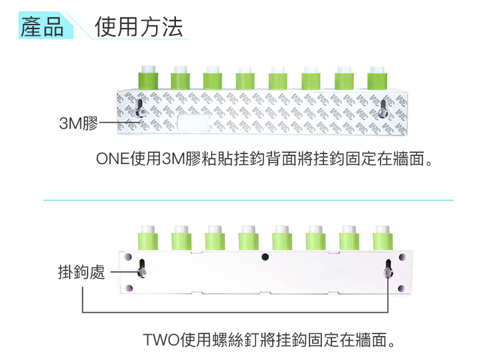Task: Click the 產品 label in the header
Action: point(41,28)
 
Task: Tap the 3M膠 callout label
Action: point(78,123)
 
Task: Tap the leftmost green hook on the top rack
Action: point(147,77)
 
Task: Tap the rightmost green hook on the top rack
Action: point(377,77)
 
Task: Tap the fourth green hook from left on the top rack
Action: point(245,77)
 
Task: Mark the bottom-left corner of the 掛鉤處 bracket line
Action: point(82,312)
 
